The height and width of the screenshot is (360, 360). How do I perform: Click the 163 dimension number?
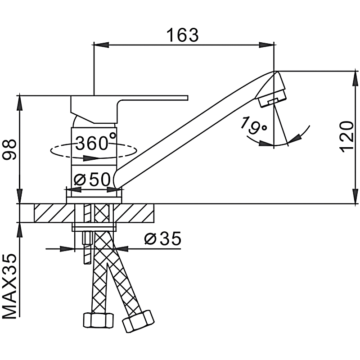[x=183, y=36]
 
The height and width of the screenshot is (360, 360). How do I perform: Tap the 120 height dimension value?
[x=346, y=137]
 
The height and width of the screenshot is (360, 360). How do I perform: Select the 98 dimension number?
[x=9, y=149]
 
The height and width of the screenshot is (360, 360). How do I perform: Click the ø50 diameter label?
[x=92, y=179]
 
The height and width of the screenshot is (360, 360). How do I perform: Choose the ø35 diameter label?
[x=162, y=238]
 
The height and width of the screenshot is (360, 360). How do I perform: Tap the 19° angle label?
[x=253, y=126]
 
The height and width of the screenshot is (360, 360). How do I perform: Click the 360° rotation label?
[x=95, y=142]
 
